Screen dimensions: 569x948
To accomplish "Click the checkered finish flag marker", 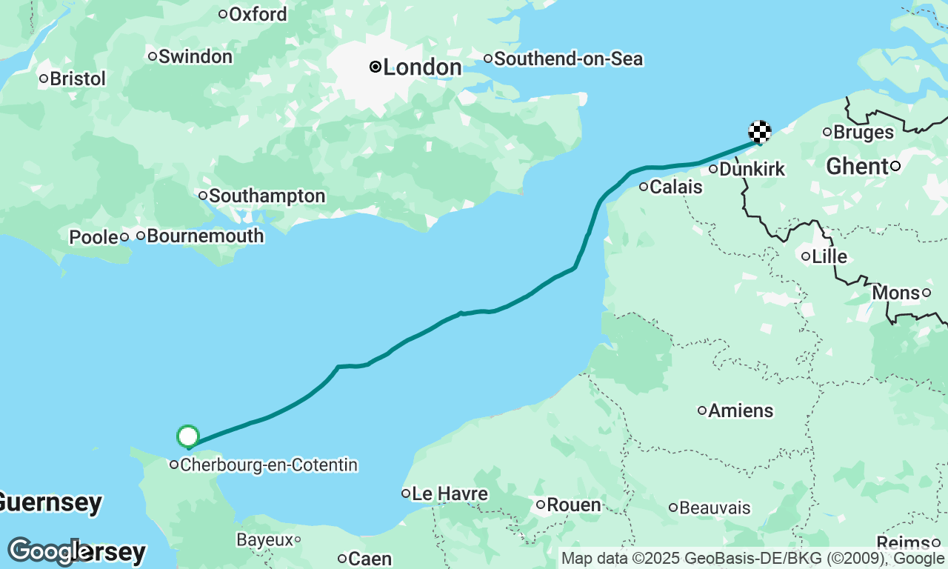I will [760, 132].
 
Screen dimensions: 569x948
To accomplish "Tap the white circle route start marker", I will [188, 436].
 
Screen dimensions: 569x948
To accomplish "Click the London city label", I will [422, 67].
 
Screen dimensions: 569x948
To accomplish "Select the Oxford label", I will [258, 14].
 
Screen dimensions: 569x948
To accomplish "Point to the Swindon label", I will [195, 56].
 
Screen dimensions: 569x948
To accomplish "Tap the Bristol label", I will [78, 79].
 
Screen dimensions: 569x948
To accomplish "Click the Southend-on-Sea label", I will [568, 59].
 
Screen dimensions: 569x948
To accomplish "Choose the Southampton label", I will [267, 196].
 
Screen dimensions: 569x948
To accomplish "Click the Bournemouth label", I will [205, 236].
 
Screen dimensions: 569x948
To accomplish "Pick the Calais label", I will [675, 187].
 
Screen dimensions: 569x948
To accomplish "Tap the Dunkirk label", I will [752, 170].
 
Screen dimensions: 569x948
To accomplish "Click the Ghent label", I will [857, 167].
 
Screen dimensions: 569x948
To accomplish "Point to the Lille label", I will [829, 257].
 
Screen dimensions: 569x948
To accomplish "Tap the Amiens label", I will [741, 410].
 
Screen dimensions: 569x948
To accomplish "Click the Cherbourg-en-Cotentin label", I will [269, 465].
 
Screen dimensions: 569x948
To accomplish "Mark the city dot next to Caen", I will [342, 559].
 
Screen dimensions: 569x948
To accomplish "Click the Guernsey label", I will [49, 502].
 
